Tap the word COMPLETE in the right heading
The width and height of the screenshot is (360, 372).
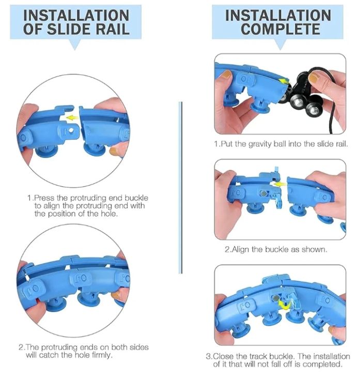pyautogui.click(x=280, y=29)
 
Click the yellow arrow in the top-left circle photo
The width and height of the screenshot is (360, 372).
pyautogui.click(x=72, y=117)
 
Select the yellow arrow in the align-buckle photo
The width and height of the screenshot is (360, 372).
pyautogui.click(x=279, y=184)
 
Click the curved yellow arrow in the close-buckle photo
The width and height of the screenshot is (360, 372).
pyautogui.click(x=285, y=305)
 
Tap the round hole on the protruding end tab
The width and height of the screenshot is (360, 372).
pyautogui.click(x=71, y=130)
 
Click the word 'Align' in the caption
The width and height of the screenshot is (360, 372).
pyautogui.click(x=241, y=250)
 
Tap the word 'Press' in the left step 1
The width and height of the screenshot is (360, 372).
pyautogui.click(x=43, y=198)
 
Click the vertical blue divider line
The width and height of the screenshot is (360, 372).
pyautogui.click(x=181, y=188)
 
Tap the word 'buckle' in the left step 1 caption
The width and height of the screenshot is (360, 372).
pyautogui.click(x=136, y=198)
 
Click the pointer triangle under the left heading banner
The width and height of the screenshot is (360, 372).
pyautogui.click(x=75, y=44)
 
